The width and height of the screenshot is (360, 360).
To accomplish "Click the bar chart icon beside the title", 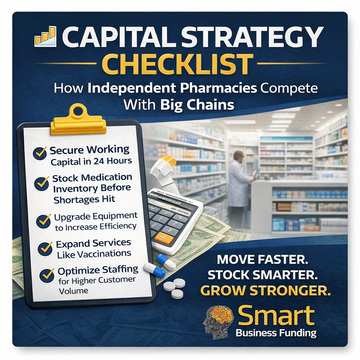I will tap(45, 36).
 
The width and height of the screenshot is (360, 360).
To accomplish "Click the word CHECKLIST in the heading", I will tap(180, 64).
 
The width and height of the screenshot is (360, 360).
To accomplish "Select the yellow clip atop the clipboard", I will tap(78, 120).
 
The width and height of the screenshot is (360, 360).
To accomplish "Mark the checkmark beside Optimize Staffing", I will tap(47, 275).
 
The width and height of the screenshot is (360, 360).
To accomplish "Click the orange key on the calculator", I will tap(164, 239).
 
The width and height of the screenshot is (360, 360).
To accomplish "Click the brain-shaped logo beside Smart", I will tap(218, 321).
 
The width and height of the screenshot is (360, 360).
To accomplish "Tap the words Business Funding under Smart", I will tap(276, 333).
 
